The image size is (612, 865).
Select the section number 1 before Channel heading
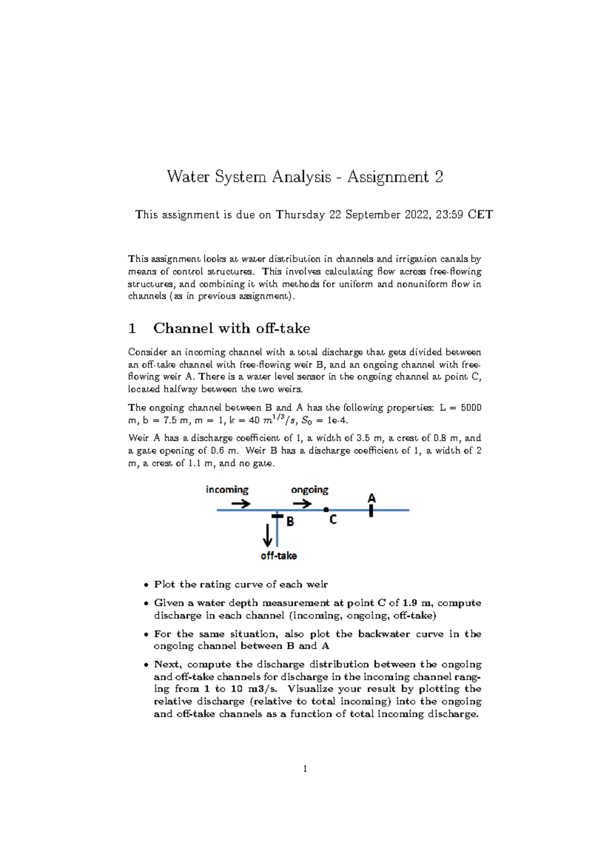132,328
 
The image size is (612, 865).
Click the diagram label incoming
227,490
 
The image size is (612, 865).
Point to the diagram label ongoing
310,490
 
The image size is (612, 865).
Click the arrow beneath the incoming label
241,504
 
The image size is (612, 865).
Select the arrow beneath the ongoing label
302,504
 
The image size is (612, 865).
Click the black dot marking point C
326,510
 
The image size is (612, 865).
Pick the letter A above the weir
372,498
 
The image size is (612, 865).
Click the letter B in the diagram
290,522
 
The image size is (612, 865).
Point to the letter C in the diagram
333,520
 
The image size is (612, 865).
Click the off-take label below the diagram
278,556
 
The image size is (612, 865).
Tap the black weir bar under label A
371,511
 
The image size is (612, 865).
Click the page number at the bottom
305,769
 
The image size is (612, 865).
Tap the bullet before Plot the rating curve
146,585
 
